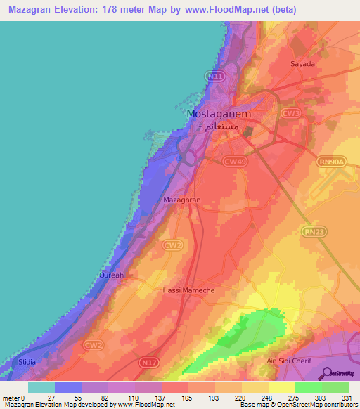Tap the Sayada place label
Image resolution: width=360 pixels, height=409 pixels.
302,63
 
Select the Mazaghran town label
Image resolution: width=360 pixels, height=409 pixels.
182,200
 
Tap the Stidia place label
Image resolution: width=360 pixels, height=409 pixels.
27,361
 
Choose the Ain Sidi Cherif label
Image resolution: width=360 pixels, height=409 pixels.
288,361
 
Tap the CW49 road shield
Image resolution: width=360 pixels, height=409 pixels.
234,161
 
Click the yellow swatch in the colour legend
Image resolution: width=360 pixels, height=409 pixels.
281,387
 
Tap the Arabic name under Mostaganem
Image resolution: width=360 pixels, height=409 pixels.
220,126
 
